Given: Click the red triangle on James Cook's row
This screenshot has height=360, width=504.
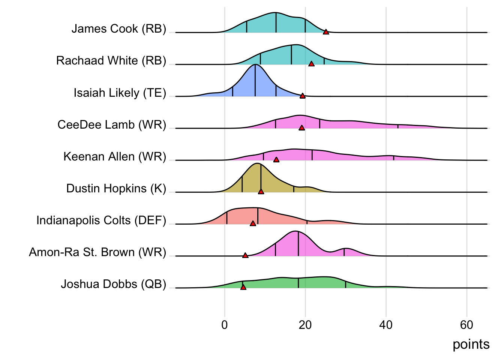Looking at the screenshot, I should tap(326, 32).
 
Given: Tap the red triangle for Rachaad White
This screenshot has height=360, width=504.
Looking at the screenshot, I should tap(311, 64).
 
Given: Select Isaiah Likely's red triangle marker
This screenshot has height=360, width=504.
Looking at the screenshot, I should tap(303, 96).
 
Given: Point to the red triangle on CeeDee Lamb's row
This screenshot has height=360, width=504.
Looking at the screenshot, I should tap(301, 128).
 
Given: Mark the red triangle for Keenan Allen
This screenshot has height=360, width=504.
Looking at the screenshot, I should tap(276, 160).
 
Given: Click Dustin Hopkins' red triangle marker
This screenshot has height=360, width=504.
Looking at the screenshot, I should tap(261, 192).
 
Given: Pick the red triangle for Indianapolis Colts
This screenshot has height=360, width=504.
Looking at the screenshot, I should tap(253, 223).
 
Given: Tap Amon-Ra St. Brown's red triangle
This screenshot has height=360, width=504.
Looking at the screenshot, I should tap(245, 255).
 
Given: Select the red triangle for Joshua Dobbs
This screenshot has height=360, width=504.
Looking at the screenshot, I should tap(243, 287).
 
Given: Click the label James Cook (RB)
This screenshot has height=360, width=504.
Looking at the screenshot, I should tap(118, 29).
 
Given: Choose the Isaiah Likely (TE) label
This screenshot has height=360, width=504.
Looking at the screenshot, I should tap(120, 93).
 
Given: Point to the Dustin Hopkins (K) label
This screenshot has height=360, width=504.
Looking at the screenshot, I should tap(116, 188).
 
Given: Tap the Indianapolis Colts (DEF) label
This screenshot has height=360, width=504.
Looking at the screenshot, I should tap(101, 220).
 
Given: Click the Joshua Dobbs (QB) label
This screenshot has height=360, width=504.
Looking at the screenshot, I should tap(113, 284).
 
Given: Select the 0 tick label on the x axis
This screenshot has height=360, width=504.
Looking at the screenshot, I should tap(225, 325).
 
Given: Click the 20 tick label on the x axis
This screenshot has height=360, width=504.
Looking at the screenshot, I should tap(305, 325).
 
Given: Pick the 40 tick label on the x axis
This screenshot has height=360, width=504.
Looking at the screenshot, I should tap(386, 325).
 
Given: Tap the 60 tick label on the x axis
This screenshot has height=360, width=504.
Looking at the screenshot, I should tap(466, 325).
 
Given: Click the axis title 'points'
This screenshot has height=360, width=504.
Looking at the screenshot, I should tap(471, 344).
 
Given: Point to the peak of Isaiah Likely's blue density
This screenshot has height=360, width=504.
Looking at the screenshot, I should tap(255, 65).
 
